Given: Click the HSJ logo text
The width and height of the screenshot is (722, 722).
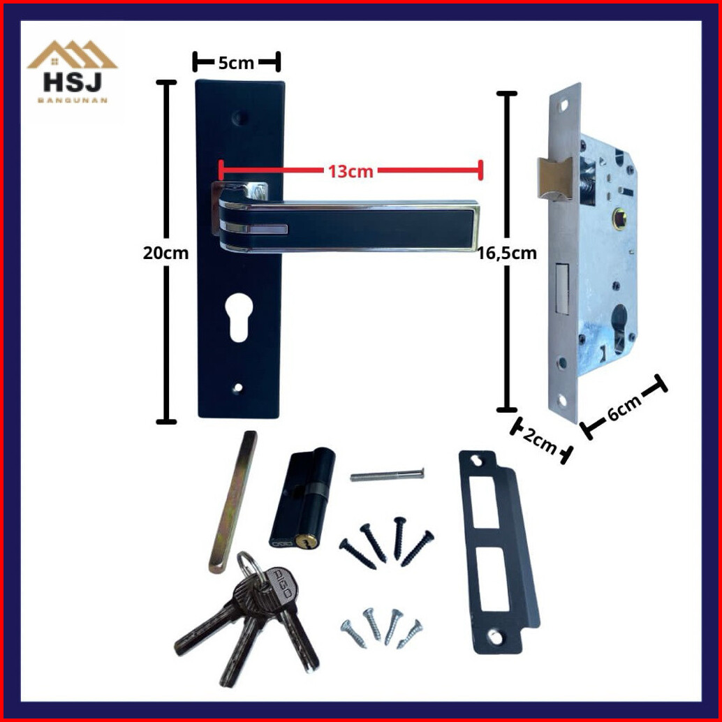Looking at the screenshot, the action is pos(73,82).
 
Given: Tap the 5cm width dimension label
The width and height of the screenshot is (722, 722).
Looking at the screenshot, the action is pos(236,63).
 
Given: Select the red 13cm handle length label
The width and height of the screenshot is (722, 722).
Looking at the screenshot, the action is pos(351,171).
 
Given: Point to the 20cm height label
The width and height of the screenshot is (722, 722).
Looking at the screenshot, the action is pos(165,253).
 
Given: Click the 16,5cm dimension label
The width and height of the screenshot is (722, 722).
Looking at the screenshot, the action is pos(506,253).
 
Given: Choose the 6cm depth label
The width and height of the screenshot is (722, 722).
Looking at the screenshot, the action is pos(624,408).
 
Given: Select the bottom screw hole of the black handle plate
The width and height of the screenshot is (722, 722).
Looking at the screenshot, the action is pos(237,389).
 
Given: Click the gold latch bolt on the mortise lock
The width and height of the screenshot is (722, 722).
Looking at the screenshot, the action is pos(555,179).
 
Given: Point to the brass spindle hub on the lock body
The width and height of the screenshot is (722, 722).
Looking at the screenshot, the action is pos(620,216).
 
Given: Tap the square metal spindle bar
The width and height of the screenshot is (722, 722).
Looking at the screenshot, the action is pos(233,502).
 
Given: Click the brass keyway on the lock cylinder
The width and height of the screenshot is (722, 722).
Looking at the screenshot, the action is pos(302,542).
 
